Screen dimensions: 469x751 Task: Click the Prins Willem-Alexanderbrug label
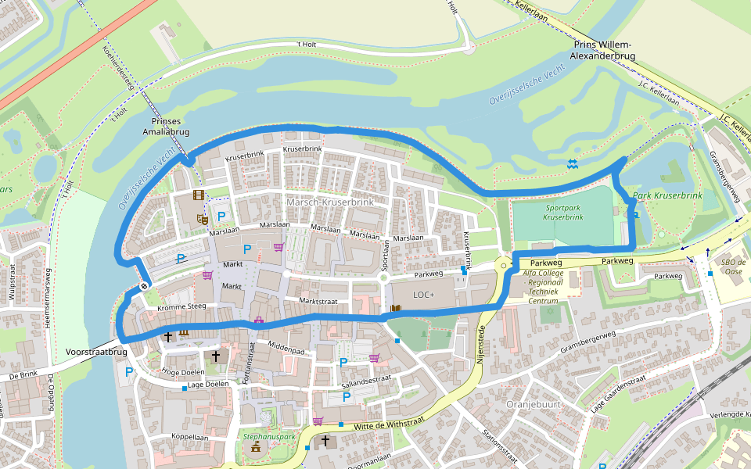click(x=602, y=51)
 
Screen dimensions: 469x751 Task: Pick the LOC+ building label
click(x=423, y=295)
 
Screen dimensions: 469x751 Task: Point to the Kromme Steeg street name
click(x=181, y=307)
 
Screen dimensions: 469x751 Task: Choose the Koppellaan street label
click(x=191, y=438)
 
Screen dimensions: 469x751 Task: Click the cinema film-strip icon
click(x=199, y=195)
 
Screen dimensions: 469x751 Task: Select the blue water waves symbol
click(x=573, y=163)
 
